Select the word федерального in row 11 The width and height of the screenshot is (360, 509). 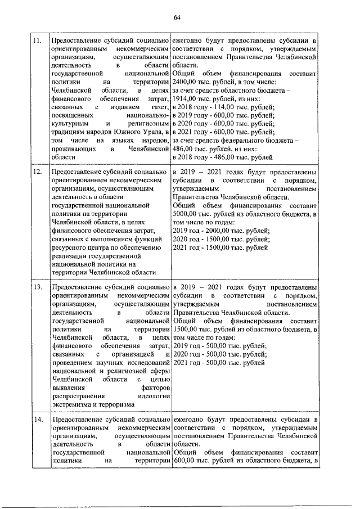250,140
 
